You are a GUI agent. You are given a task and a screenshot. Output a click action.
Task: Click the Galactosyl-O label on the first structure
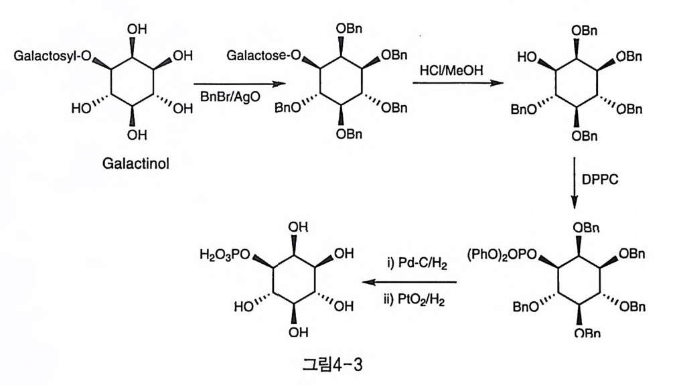click(52, 56)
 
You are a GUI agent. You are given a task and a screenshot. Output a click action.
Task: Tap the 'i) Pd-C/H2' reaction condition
click(410, 265)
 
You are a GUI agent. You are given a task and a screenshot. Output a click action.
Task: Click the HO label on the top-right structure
click(528, 58)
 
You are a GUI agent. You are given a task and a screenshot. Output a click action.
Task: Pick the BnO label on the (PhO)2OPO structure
click(526, 307)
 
